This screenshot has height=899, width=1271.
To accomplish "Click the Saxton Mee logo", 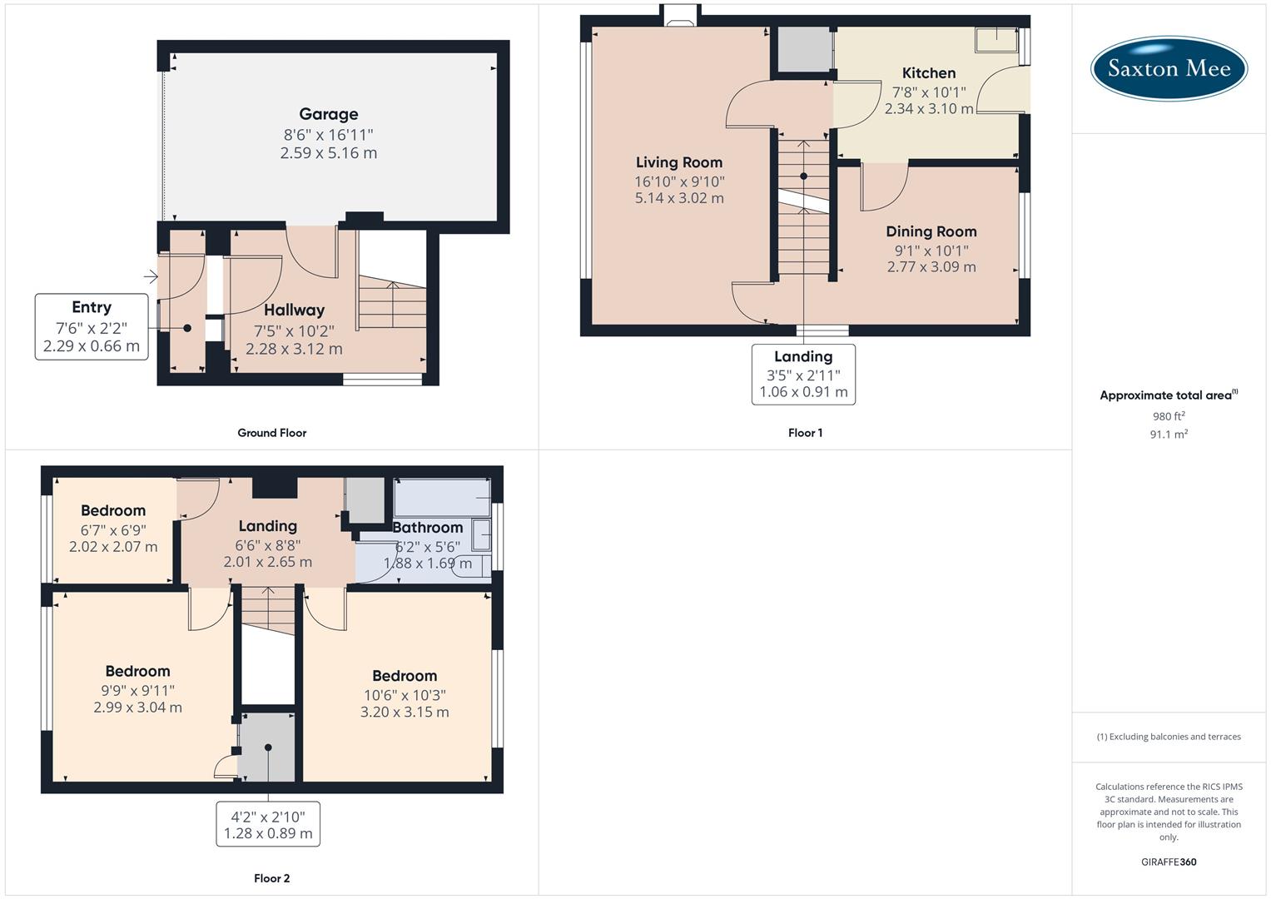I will (1169, 67).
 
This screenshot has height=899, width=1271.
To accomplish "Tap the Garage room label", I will (329, 114).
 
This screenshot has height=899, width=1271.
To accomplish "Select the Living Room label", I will (679, 162).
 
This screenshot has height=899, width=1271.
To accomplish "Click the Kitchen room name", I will (929, 73).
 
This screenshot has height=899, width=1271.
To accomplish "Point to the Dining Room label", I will (931, 231).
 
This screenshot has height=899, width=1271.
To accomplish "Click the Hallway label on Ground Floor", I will (294, 310).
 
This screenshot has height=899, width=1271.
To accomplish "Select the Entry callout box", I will (92, 326).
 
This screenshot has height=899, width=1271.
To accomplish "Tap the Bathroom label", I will (428, 528).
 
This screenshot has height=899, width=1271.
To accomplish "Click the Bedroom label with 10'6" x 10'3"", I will (405, 676).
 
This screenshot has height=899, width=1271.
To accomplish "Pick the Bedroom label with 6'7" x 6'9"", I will (113, 510).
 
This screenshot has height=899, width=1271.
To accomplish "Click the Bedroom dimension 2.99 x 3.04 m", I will (137, 708).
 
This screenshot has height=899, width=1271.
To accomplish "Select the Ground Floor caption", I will (271, 433).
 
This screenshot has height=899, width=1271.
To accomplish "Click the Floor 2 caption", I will (271, 878).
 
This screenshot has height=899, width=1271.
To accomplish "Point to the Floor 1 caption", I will (805, 433).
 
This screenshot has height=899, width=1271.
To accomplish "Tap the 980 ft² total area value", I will (1169, 416).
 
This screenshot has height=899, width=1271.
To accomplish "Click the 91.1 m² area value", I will (1169, 435).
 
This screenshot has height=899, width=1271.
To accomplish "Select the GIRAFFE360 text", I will (1169, 862).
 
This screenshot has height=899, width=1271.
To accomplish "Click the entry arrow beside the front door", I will (151, 276).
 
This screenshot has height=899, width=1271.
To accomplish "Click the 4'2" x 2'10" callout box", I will (268, 825).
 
